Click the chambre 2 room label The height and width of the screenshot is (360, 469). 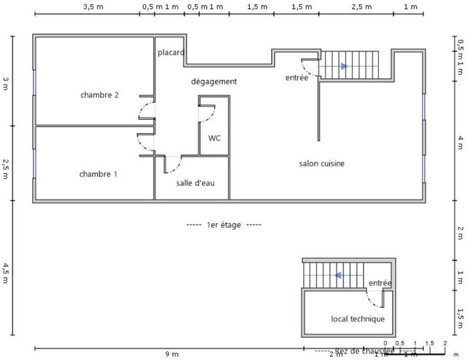pyautogui.click(x=100, y=95)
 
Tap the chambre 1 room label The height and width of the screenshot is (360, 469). pyautogui.click(x=98, y=174)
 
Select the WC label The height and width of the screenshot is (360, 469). pyautogui.click(x=215, y=138)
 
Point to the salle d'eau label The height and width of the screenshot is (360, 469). pyautogui.click(x=195, y=183)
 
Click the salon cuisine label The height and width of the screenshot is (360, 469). pyautogui.click(x=322, y=164)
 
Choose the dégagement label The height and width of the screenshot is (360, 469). pyautogui.click(x=214, y=81)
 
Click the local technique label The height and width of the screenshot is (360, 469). pyautogui.click(x=358, y=319)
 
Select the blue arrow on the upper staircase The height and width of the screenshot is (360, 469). pyautogui.click(x=344, y=66)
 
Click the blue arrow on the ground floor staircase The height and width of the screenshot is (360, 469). pyautogui.click(x=338, y=274)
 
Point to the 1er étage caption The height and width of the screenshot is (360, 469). pyautogui.click(x=223, y=225)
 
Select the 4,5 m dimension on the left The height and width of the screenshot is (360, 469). pyautogui.click(x=6, y=273)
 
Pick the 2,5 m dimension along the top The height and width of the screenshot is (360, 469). pyautogui.click(x=361, y=7)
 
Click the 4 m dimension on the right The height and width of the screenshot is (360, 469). pyautogui.click(x=461, y=142)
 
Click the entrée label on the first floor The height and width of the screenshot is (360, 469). pyautogui.click(x=296, y=77)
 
